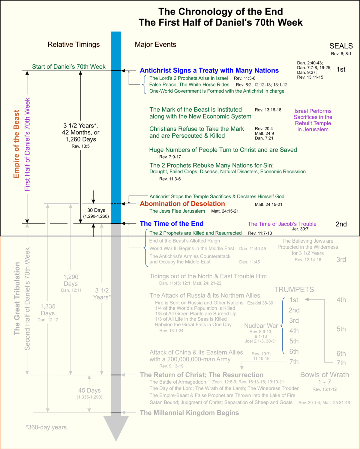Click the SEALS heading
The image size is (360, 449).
click(341, 46)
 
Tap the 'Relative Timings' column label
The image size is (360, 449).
click(73, 45)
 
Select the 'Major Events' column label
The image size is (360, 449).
click(155, 45)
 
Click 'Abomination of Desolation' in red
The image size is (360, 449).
click(182, 204)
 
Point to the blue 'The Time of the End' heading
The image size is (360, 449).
click(172, 224)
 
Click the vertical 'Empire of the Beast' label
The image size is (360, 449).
click(16, 144)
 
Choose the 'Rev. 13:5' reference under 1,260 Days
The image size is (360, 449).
click(80, 146)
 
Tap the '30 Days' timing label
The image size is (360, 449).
click(96, 211)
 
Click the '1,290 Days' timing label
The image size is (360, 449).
click(71, 280)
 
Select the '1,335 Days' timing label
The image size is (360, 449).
click(48, 310)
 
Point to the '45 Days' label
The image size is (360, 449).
click(89, 391)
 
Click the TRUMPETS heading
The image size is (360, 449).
click(294, 289)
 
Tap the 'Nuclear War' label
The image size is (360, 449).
click(261, 326)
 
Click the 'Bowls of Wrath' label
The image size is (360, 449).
click(325, 375)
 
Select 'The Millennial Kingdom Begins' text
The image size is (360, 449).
click(189, 413)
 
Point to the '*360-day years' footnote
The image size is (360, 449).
click(46, 427)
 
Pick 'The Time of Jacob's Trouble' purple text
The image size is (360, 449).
click(282, 224)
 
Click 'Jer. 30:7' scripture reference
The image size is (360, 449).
click(300, 229)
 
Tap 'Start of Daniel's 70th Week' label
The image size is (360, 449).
click(69, 67)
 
